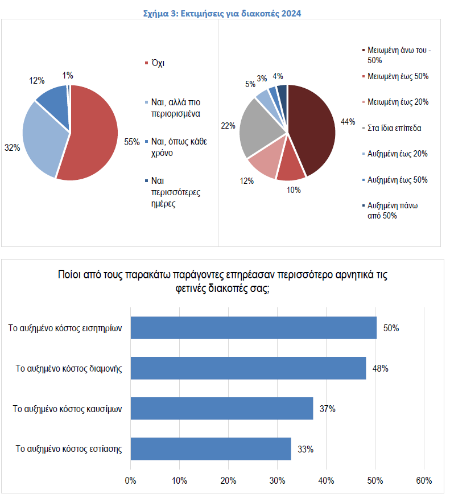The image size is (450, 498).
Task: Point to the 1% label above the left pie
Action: point(68,75)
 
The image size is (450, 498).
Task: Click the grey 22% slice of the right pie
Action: point(262,128)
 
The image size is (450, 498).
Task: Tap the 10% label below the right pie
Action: point(294,190)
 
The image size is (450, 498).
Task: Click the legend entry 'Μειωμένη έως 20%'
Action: point(398,102)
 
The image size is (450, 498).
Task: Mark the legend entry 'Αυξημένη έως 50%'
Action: point(398,180)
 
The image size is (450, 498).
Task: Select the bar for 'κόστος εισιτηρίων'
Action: point(254,328)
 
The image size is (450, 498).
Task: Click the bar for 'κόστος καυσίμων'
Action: point(222,408)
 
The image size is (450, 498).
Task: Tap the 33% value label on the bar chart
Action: point(305,449)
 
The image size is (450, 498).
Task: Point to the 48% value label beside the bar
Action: point(380,368)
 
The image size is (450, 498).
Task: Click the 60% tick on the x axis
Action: point(424,480)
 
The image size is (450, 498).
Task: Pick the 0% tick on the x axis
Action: point(131,480)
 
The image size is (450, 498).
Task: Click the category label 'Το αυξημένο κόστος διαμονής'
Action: point(69,368)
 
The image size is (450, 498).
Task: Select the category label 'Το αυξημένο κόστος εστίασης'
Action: point(69,448)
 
